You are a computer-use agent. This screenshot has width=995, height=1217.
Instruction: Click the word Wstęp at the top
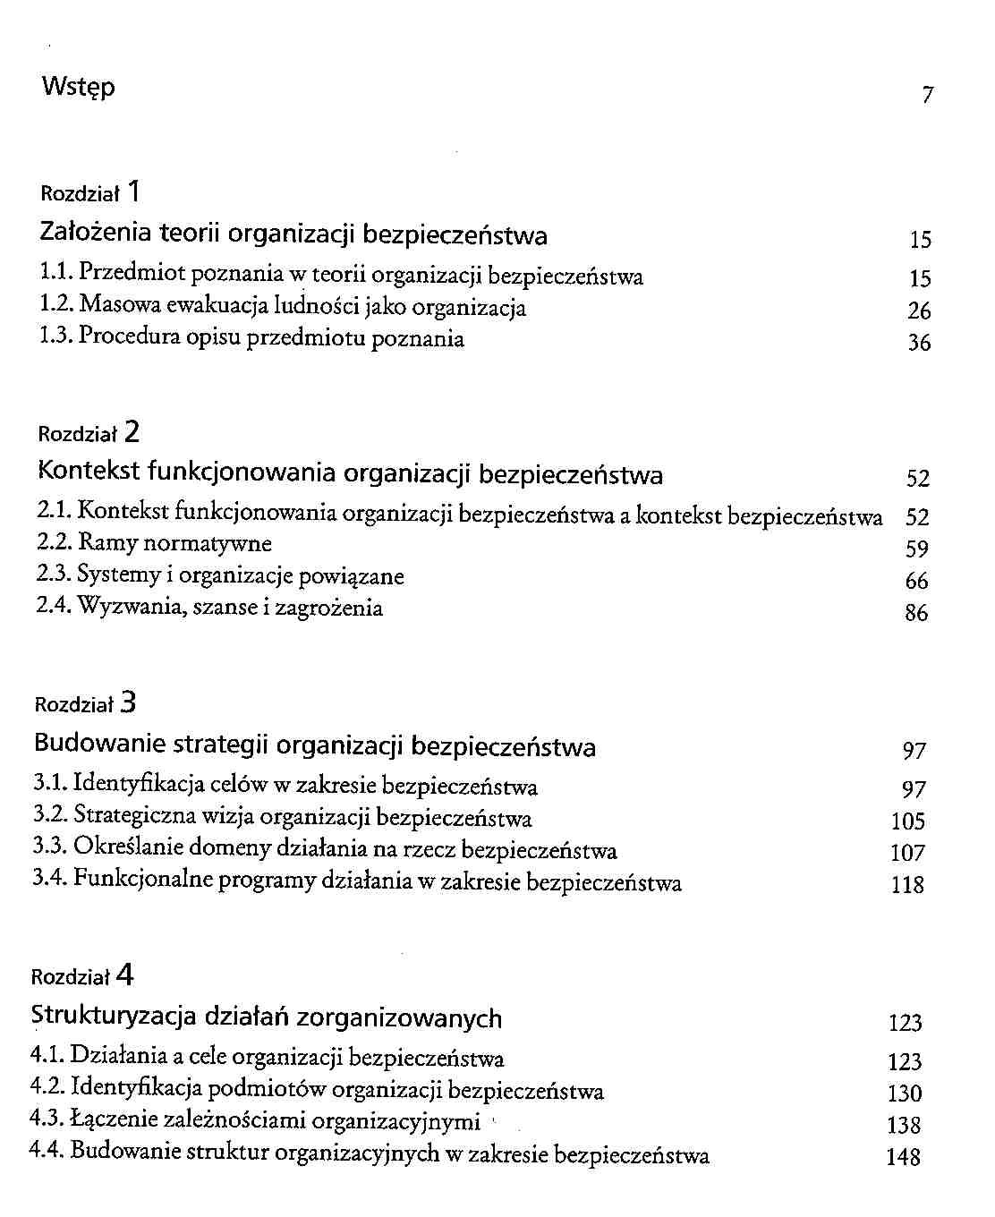tap(78, 89)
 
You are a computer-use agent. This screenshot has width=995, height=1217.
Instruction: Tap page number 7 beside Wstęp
tap(927, 95)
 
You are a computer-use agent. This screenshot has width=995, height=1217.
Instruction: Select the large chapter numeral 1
tap(133, 191)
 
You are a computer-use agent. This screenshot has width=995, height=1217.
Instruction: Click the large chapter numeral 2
tap(132, 433)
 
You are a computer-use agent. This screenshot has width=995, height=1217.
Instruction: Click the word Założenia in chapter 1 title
tap(97, 234)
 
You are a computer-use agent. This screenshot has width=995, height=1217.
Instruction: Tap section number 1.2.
tap(56, 307)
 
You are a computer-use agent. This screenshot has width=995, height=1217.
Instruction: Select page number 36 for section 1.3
tap(919, 343)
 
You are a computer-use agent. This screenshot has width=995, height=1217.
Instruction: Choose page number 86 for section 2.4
tap(916, 614)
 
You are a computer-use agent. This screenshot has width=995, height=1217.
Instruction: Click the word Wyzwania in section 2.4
tap(124, 608)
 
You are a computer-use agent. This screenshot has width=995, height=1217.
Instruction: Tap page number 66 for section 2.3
tap(916, 582)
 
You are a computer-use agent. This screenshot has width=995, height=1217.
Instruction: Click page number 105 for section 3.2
tap(908, 821)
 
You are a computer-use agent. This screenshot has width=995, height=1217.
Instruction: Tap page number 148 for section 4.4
tap(903, 1158)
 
